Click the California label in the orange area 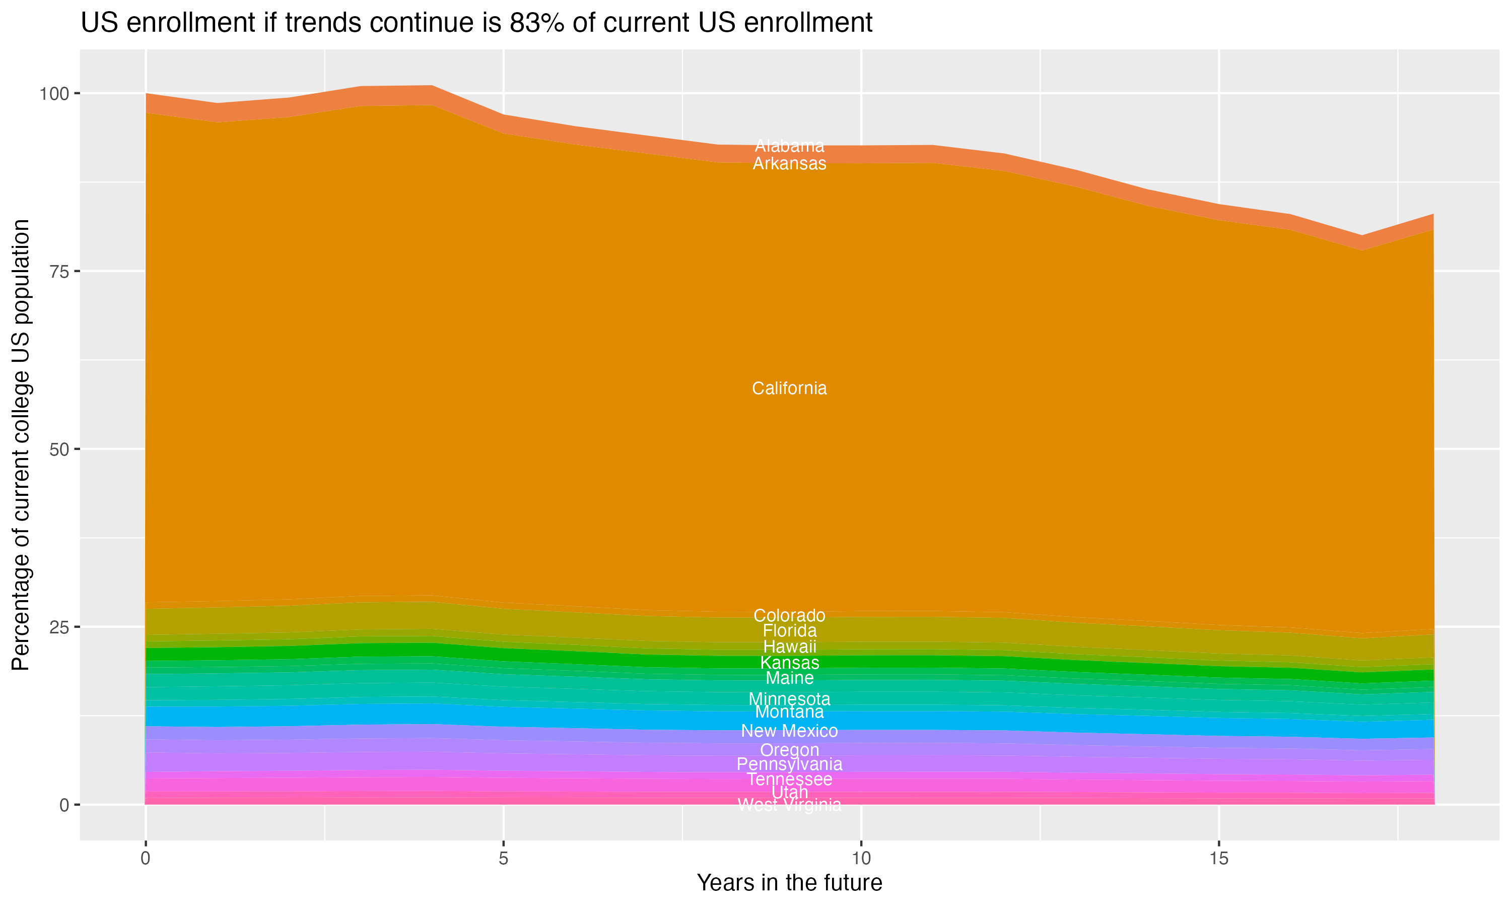click(789, 388)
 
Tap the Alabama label click(789, 146)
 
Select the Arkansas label click(789, 164)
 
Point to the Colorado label click(789, 615)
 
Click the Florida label click(789, 631)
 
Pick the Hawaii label click(789, 646)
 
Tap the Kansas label click(789, 663)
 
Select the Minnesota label click(789, 698)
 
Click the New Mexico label click(789, 731)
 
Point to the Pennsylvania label click(789, 764)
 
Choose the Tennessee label click(789, 779)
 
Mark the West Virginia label click(789, 805)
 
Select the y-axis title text click(21, 444)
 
